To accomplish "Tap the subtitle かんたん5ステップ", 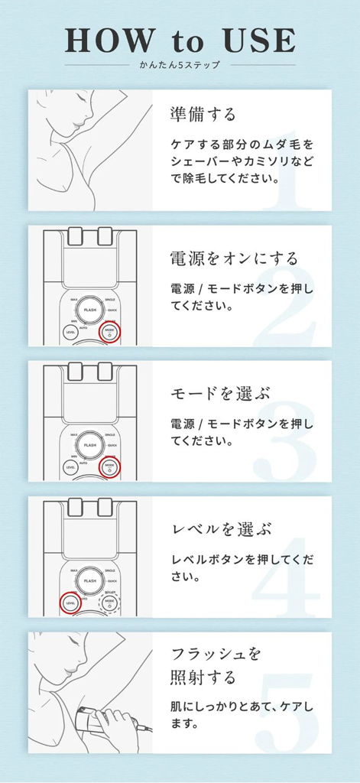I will [x=180, y=65].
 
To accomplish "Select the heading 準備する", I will [x=203, y=115].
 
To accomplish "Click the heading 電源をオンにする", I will [x=233, y=258].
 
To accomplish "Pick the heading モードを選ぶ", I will [x=217, y=393].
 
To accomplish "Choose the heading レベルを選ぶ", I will [x=217, y=529].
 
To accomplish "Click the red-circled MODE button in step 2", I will [x=109, y=330].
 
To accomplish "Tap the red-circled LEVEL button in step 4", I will [x=70, y=603].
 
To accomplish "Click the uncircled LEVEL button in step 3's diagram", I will [x=70, y=466].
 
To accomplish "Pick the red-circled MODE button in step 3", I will [x=109, y=466].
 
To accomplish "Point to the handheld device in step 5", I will [x=92, y=723].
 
